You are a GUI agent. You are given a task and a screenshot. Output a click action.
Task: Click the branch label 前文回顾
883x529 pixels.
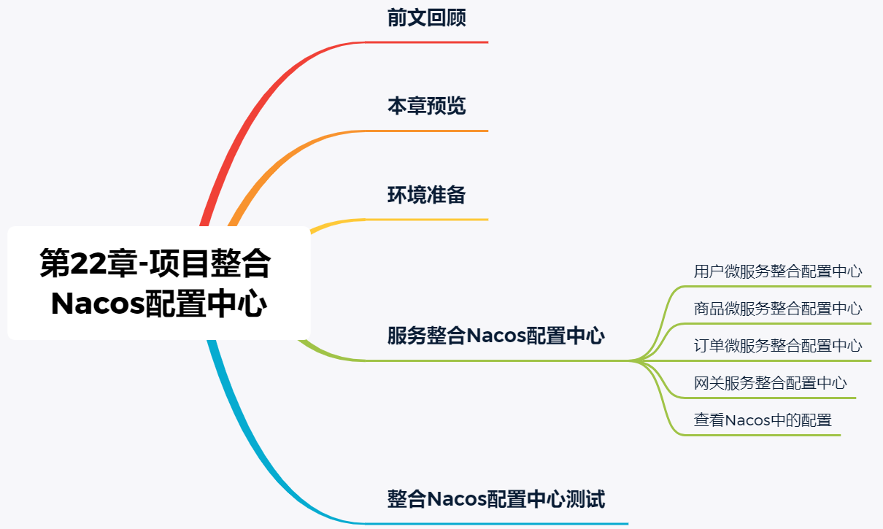tap(426, 18)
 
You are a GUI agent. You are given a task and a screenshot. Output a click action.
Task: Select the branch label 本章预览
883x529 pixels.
tap(426, 107)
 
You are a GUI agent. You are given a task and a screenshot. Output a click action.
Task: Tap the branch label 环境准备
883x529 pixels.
tap(426, 195)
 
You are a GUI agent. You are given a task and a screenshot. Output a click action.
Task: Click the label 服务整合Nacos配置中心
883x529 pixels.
tap(496, 336)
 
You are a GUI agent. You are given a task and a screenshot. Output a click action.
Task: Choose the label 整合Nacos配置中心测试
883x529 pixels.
tap(496, 500)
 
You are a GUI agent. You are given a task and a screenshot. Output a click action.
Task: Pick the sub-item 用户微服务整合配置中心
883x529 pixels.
tap(778, 272)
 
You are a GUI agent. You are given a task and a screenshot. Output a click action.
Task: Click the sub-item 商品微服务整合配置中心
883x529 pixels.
tap(778, 309)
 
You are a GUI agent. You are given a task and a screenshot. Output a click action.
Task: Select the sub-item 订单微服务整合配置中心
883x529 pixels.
tap(778, 346)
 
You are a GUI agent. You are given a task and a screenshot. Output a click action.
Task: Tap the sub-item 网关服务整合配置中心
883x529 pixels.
tap(770, 383)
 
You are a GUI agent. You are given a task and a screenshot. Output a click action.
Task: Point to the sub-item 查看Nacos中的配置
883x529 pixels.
tap(763, 420)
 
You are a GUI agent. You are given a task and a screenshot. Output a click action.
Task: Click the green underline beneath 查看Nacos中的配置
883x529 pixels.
tap(766, 436)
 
